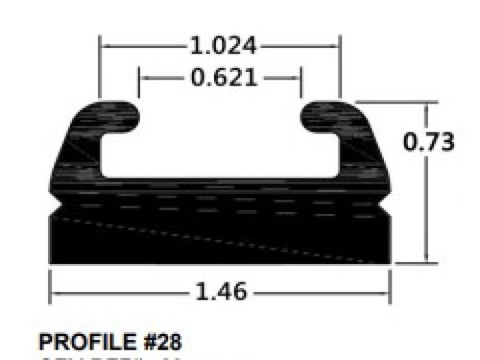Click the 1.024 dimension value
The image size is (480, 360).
point(223,47)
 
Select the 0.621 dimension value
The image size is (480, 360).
point(224,78)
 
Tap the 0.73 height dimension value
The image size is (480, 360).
point(429,142)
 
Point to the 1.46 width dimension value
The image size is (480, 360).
point(221,291)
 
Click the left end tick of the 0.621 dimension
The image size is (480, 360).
point(139,78)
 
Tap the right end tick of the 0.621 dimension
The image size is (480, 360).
point(300,78)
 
